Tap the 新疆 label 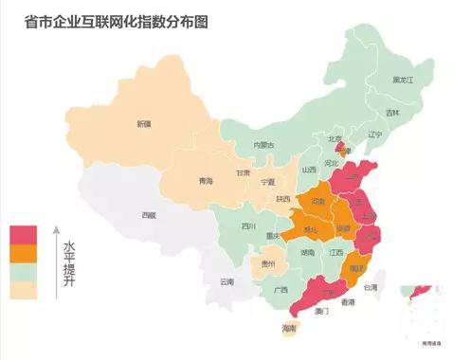[x=143, y=124]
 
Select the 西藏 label [x=149, y=215]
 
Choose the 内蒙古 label [x=264, y=145]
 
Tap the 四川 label [x=248, y=227]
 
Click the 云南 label [x=226, y=281]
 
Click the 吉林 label [x=392, y=113]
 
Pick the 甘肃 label [x=244, y=173]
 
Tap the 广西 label [x=281, y=290]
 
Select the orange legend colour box [x=23, y=252]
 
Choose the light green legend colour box [x=23, y=271]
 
